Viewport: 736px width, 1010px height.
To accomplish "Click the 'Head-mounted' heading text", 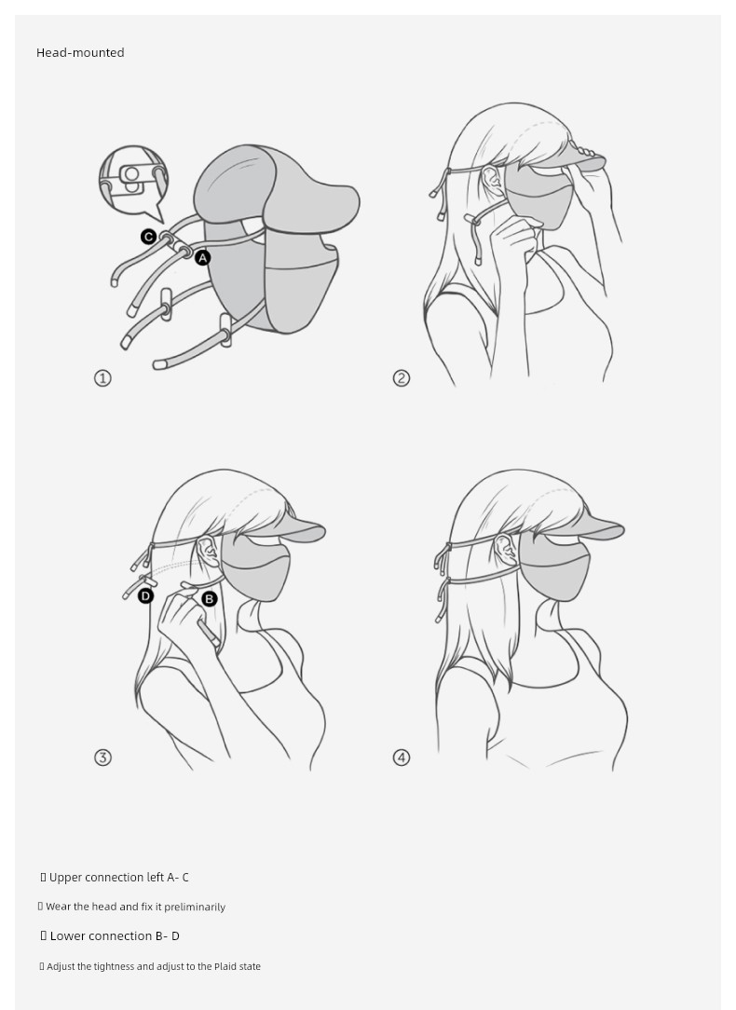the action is pos(80,53).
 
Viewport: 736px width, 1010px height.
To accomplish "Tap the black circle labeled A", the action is pos(203,258).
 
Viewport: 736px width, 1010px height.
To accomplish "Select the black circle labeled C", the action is pos(148,237).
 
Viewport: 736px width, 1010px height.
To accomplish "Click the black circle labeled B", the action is pos(210,599).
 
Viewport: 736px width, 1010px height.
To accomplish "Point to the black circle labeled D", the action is pos(145,595).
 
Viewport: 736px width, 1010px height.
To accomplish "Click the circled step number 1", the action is pos(103,378).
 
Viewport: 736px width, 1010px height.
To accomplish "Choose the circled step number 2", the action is pos(402,378).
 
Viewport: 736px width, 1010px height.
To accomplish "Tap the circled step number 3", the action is pos(103,757).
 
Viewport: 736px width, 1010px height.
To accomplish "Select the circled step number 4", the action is pos(402,757).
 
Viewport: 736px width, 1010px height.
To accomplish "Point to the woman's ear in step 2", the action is pos(492,182).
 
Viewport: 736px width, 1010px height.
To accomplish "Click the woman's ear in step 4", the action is pos(504,550).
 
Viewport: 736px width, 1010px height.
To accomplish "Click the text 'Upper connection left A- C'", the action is pos(119,878).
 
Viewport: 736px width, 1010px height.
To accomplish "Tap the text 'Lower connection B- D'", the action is pos(115,935).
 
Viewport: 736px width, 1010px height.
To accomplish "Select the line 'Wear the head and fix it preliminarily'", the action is pos(135,907).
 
